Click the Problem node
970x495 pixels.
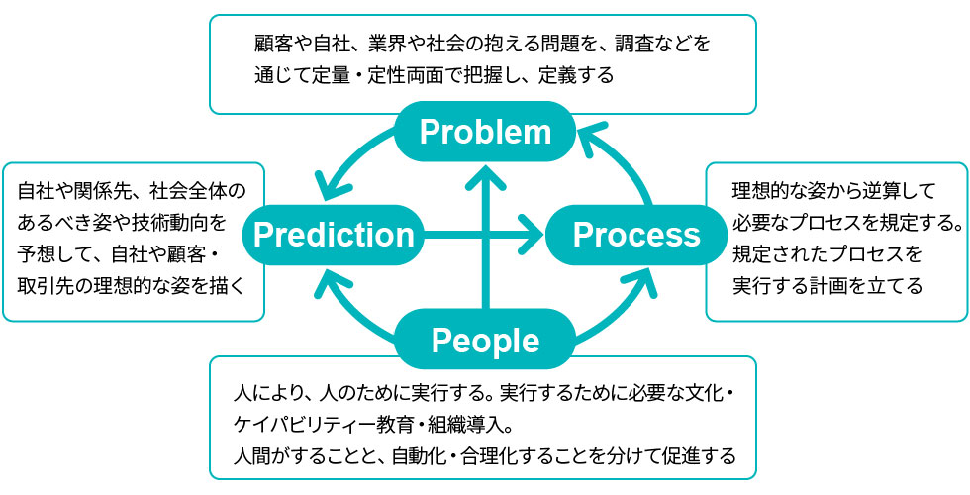tap(484, 132)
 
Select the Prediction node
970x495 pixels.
tap(334, 235)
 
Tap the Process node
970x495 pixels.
tap(636, 235)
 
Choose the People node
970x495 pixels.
tap(485, 340)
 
